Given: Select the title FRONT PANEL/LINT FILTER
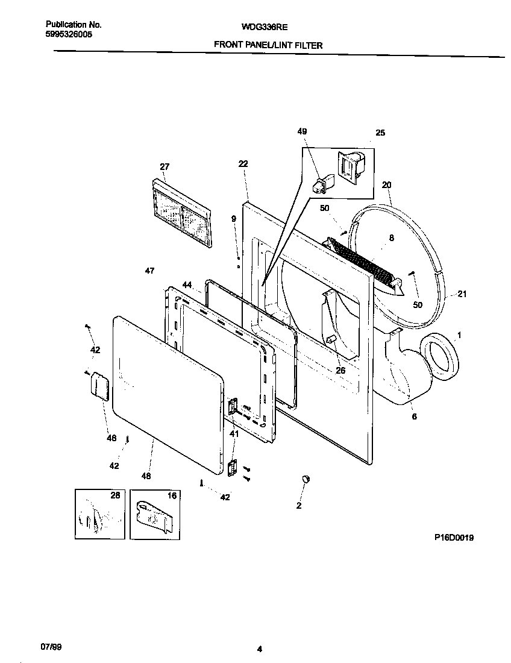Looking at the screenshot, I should coord(268,45).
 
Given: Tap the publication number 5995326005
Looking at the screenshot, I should coord(69,35).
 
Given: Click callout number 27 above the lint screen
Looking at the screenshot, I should coord(165,167).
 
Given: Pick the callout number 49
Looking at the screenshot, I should coord(302,132).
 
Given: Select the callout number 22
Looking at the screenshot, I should coord(243,163).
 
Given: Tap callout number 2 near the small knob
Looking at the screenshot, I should coord(298,506).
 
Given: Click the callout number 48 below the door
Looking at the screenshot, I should coord(146,476).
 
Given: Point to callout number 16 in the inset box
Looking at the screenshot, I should coord(172,496).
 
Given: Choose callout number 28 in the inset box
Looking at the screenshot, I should coord(114,495).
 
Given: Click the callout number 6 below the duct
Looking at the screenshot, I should coord(413,416).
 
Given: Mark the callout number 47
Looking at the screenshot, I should coord(150,271).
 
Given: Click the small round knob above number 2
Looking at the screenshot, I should coord(306,478).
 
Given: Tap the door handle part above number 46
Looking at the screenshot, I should coord(98,385).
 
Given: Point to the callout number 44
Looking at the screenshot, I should coord(187,284).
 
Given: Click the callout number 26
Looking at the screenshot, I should coord(340,370).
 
